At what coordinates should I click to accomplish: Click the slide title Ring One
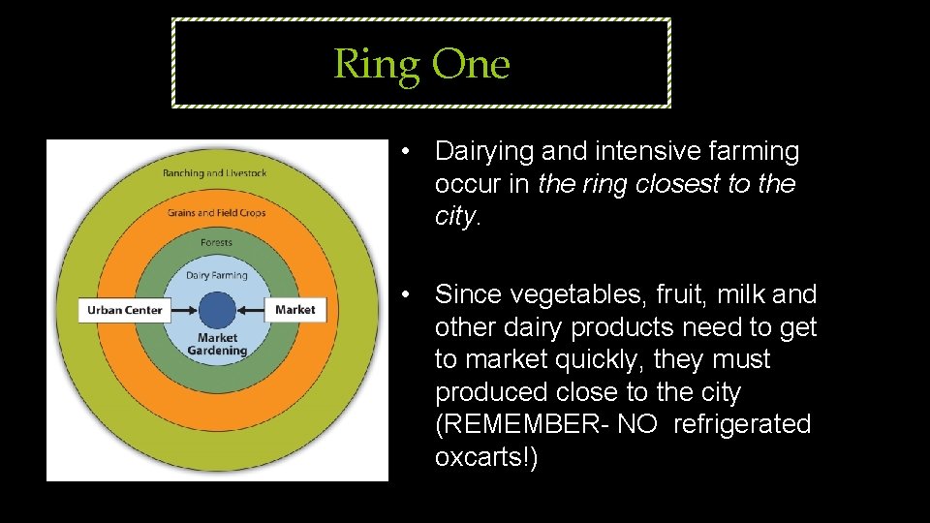pyautogui.click(x=421, y=64)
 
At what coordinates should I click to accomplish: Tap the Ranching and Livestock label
pyautogui.click(x=215, y=173)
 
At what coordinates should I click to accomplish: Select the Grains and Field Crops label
pyautogui.click(x=216, y=212)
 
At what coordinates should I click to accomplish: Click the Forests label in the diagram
pyautogui.click(x=216, y=243)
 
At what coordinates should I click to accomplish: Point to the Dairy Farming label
pyautogui.click(x=217, y=275)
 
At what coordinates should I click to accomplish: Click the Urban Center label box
pyautogui.click(x=125, y=310)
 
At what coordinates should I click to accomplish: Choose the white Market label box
pyautogui.click(x=294, y=310)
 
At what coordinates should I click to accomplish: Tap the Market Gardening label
pyautogui.click(x=217, y=345)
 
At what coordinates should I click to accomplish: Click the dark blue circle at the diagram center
pyautogui.click(x=217, y=310)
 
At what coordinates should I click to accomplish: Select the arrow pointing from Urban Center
pyautogui.click(x=184, y=310)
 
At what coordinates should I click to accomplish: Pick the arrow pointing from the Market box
pyautogui.click(x=251, y=310)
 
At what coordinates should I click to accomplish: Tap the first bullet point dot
pyautogui.click(x=411, y=152)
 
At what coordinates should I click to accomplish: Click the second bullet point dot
pyautogui.click(x=411, y=294)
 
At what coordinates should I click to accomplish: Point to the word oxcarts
pyautogui.click(x=480, y=457)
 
